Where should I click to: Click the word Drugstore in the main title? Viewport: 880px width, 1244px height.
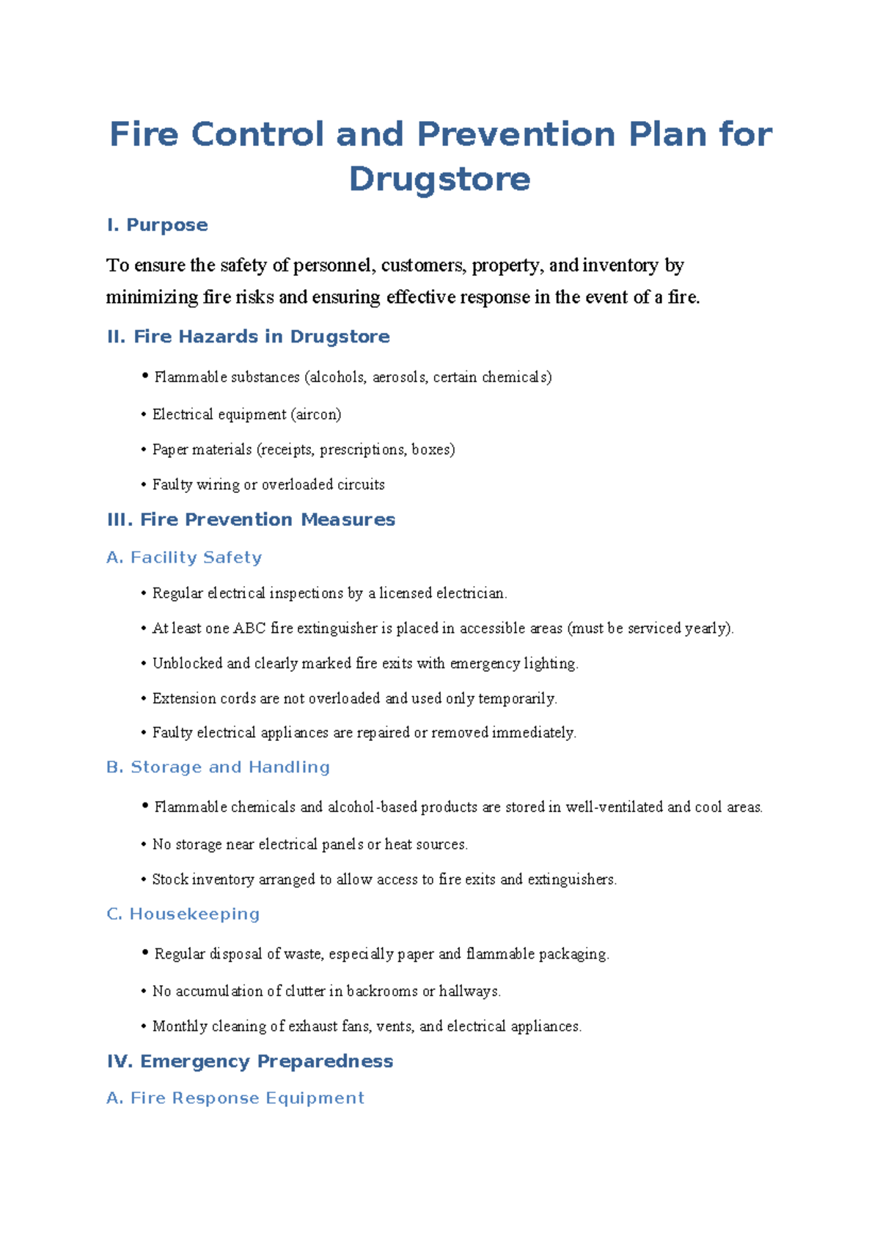pyautogui.click(x=439, y=179)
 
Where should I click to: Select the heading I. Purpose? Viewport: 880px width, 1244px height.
pyautogui.click(x=158, y=225)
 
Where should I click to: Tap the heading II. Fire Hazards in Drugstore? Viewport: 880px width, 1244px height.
pyautogui.click(x=248, y=337)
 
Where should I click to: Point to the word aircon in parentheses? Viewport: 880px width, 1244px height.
pyautogui.click(x=316, y=414)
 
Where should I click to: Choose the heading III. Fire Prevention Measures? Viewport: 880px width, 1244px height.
pyautogui.click(x=251, y=519)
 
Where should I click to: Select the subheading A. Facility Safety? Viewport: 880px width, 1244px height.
pyautogui.click(x=184, y=557)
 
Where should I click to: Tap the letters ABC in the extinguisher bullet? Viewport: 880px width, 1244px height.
pyautogui.click(x=249, y=629)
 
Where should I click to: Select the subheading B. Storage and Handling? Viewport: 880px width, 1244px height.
pyautogui.click(x=218, y=767)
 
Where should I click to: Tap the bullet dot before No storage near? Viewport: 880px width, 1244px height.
pyautogui.click(x=144, y=845)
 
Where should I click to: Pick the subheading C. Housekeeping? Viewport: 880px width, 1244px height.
pyautogui.click(x=183, y=914)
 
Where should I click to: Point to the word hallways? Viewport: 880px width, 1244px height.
pyautogui.click(x=469, y=992)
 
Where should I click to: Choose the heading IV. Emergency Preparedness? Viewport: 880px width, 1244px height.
pyautogui.click(x=250, y=1061)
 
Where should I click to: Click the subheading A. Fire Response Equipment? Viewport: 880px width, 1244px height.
pyautogui.click(x=235, y=1098)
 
